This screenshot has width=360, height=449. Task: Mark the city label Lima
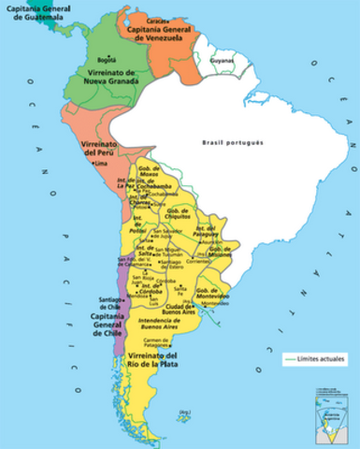click(x=101, y=165)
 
